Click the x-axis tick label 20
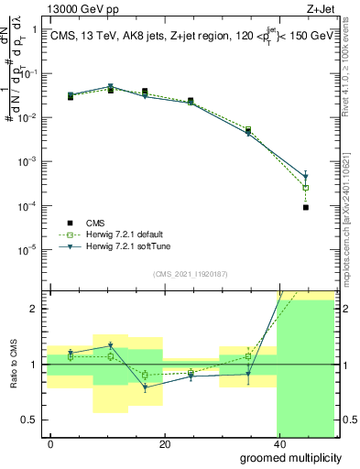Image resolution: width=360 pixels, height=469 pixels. (164, 444)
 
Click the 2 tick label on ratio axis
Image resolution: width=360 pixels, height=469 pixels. (35, 309)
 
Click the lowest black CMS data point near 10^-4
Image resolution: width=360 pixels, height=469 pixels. (305, 207)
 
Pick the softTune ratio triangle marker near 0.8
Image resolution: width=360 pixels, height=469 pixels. (144, 387)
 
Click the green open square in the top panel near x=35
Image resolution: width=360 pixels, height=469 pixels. (248, 130)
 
